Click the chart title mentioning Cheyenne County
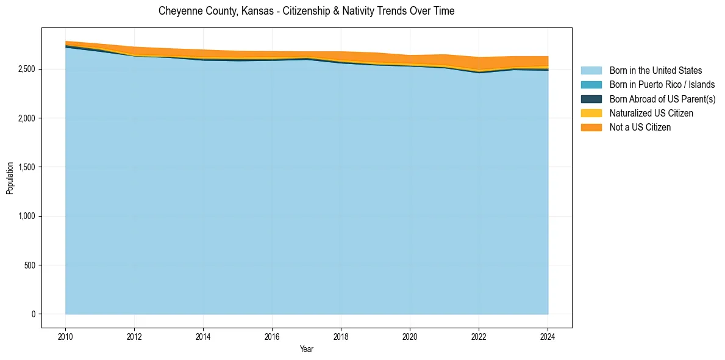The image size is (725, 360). (x=306, y=11)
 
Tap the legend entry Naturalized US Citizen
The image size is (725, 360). (x=651, y=113)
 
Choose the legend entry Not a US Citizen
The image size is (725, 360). (x=640, y=128)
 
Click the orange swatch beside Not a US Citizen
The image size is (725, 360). (x=591, y=128)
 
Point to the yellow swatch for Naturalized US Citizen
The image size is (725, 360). (x=591, y=113)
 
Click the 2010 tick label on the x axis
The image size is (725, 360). (x=65, y=336)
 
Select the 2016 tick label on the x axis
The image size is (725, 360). (x=272, y=336)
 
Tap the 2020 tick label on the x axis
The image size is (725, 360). (x=410, y=336)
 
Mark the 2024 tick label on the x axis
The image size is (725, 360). (x=548, y=336)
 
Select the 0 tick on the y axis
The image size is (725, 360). (x=34, y=314)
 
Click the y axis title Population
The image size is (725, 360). (x=10, y=178)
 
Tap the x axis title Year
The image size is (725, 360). (x=306, y=349)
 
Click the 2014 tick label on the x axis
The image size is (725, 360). (x=203, y=336)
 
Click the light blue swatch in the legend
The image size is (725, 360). (x=591, y=71)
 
